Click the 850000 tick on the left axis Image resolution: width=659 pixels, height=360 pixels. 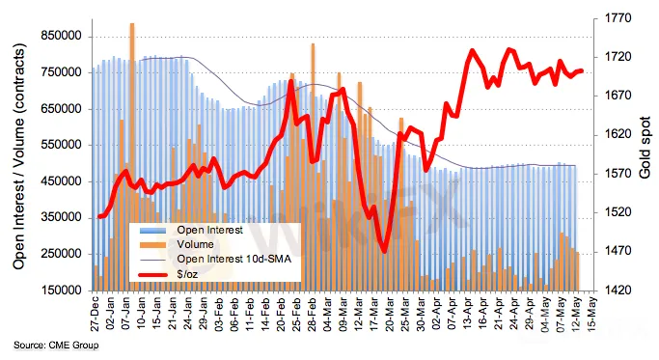coord(61,36)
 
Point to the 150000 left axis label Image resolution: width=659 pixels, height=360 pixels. coord(61,291)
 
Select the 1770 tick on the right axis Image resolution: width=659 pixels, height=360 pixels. coord(618,18)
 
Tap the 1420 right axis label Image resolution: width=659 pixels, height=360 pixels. coord(618,291)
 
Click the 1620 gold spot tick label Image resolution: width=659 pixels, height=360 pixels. coord(618,134)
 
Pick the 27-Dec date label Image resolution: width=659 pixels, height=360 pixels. coord(95,315)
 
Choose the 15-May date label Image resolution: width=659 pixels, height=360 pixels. coord(591,315)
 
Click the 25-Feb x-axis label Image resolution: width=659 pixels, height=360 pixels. coord(296,315)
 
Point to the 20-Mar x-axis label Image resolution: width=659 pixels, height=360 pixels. coord(390,315)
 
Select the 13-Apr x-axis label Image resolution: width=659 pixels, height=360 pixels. coord(467,315)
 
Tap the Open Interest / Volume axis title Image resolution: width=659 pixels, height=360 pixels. coord(19,156)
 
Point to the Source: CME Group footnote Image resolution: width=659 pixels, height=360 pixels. coord(56,346)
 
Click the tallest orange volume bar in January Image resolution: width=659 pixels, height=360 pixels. coord(132,156)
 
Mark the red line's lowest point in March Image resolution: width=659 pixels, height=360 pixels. coord(384,252)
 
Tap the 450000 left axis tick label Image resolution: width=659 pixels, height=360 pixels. coord(61,181)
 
